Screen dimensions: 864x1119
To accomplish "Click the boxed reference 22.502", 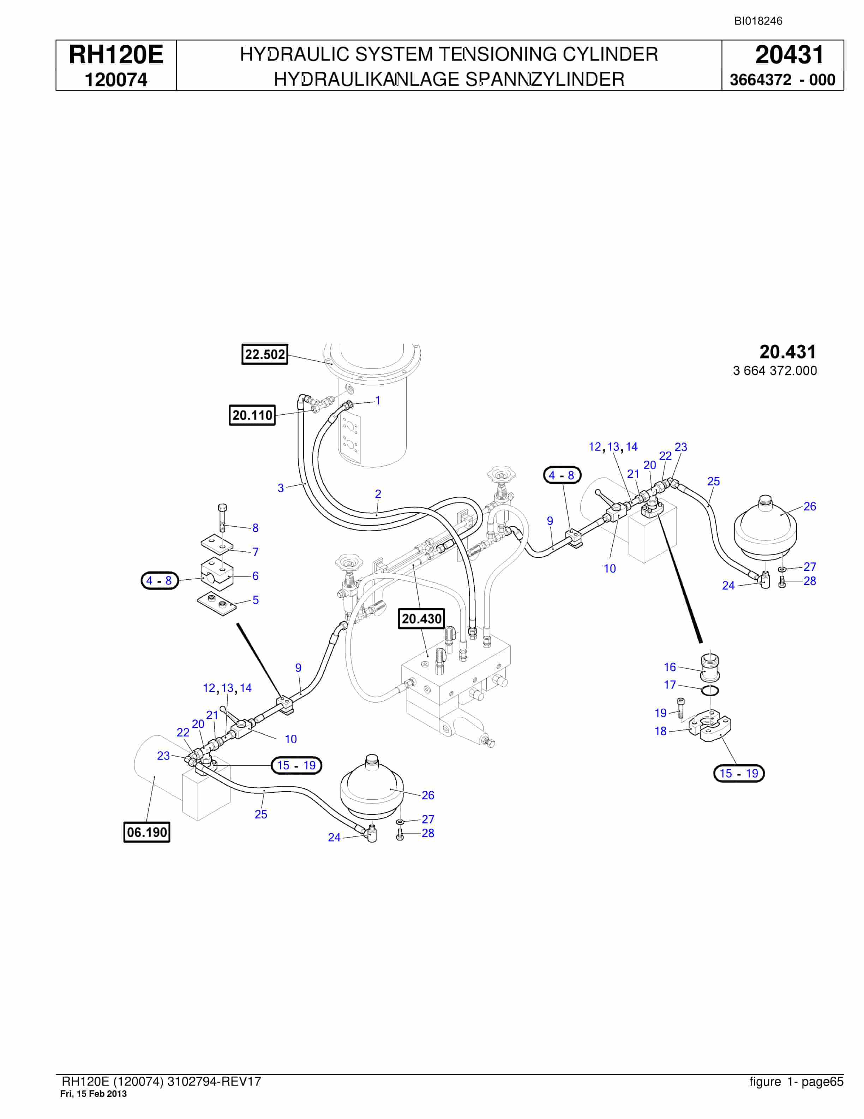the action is (x=265, y=354).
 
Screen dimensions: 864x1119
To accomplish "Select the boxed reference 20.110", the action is (x=252, y=415).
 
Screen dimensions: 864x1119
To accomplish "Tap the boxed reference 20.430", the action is (x=421, y=618).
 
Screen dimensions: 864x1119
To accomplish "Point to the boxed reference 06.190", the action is (x=147, y=831).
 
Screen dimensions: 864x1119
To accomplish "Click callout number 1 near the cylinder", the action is (x=378, y=401).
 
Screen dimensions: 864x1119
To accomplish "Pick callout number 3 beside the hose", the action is (x=281, y=488).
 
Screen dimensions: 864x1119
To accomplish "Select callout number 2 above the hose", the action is (x=378, y=494).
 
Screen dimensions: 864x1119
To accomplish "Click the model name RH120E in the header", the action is (x=116, y=55).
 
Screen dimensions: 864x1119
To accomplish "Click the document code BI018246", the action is (x=758, y=21).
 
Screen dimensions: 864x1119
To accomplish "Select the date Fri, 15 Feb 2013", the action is (x=94, y=1093).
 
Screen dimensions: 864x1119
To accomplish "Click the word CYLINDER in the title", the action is (x=610, y=54).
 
